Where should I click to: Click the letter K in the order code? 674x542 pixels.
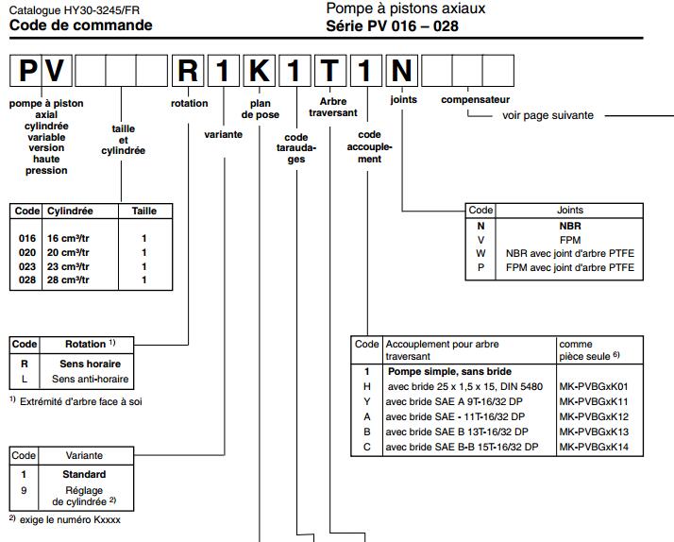click(x=258, y=71)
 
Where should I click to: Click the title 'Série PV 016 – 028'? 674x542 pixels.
click(x=394, y=25)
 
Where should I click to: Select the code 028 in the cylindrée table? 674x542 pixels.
click(x=26, y=279)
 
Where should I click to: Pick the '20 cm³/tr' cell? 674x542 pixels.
click(x=68, y=253)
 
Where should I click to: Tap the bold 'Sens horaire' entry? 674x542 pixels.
click(x=91, y=364)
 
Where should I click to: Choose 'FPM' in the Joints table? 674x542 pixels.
click(x=569, y=240)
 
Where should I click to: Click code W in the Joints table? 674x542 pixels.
click(x=480, y=254)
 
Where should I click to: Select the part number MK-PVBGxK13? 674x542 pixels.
click(x=594, y=431)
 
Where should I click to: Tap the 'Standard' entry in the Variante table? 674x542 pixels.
click(x=84, y=474)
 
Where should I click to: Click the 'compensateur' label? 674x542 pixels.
click(x=475, y=99)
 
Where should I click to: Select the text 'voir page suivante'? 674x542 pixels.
click(x=548, y=115)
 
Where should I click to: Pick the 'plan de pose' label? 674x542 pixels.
click(x=261, y=109)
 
